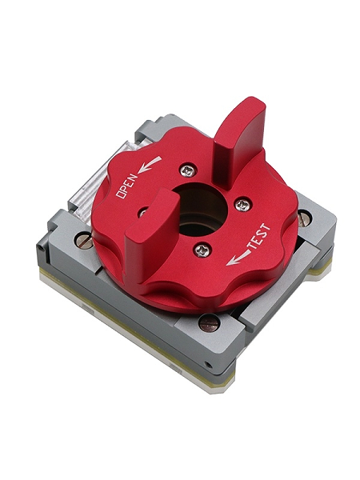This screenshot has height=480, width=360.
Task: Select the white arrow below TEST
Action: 238,258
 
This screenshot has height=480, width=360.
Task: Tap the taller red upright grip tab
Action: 238,140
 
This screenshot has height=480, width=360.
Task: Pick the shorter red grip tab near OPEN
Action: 152,233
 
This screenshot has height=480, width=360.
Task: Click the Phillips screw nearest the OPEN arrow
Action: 188,170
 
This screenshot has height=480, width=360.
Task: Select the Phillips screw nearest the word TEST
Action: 242,204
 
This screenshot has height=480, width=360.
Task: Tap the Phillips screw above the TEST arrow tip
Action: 202,250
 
